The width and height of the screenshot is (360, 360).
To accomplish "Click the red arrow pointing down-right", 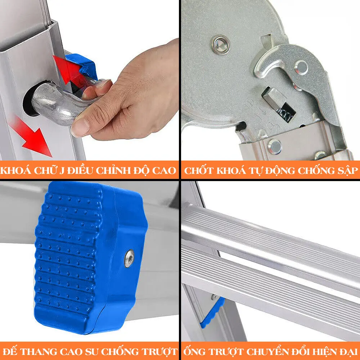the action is click(32, 138).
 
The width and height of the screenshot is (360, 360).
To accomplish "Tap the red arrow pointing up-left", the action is click(69, 69).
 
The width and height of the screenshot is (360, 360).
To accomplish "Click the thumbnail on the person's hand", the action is click(80, 128).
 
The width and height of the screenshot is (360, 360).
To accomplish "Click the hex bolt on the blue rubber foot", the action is click(130, 258).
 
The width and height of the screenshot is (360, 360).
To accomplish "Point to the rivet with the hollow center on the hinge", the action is click(221, 44).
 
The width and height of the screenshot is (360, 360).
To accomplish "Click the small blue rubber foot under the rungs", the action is click(212, 313).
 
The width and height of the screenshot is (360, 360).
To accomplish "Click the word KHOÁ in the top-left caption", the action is click(15, 170).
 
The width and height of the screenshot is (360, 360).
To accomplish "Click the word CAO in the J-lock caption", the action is click(165, 171).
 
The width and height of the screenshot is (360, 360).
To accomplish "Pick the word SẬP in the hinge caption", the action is click(348, 171).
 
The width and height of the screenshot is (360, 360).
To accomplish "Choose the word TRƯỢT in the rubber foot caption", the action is click(159, 351).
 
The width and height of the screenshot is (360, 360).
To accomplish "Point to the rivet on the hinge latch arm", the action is click(301, 67).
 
